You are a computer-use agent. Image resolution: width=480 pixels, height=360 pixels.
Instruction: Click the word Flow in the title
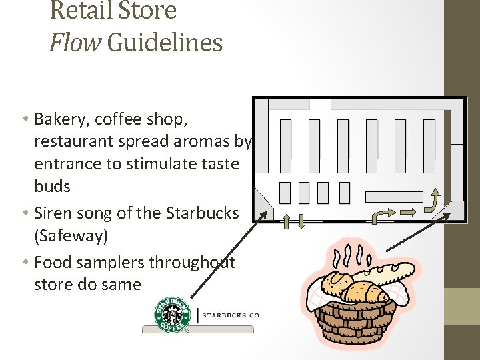click(x=75, y=42)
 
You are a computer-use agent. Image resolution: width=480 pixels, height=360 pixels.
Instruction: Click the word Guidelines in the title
click(x=164, y=43)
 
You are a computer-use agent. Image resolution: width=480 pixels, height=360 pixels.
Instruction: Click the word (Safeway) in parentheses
click(x=71, y=235)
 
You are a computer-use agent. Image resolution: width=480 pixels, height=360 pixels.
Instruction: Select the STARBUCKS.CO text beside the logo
click(x=230, y=315)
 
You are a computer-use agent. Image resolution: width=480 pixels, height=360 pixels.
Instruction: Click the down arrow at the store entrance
click(x=301, y=221)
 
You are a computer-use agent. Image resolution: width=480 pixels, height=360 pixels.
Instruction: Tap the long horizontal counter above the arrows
click(x=394, y=197)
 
